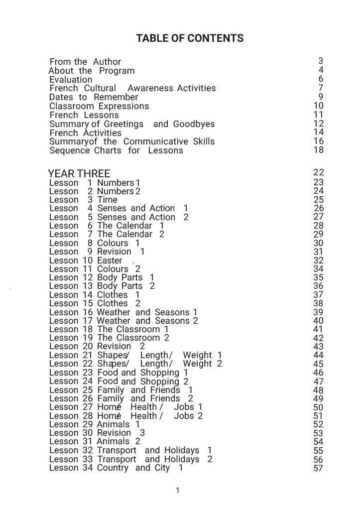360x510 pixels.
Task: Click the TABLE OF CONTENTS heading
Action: point(190,38)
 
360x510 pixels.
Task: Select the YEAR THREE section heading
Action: point(79,174)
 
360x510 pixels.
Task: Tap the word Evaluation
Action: point(71,80)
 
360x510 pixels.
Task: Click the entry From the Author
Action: point(85,62)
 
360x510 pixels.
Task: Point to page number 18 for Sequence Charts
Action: point(319,150)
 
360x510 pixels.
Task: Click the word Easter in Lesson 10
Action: point(110,260)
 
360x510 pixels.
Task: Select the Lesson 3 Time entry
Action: point(83,200)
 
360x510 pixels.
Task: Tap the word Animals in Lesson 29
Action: point(113,424)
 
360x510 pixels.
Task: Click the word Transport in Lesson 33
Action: point(117,459)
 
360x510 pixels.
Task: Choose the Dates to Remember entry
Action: point(94,97)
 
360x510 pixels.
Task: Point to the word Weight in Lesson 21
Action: point(197,355)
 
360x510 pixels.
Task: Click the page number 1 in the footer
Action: point(178,490)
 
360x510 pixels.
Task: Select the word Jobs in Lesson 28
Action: point(184,416)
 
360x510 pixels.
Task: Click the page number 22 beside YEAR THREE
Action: point(319,172)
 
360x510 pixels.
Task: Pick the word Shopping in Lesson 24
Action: point(160,382)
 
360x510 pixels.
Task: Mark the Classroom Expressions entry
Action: point(99,106)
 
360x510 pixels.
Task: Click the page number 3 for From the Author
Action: point(321,61)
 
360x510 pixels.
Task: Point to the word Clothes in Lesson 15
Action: point(113,303)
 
